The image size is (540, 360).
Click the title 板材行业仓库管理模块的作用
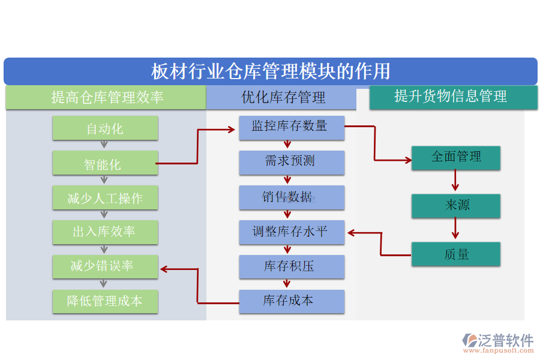pos(270,71)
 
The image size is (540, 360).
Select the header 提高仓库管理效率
pos(106,97)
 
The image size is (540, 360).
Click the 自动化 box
pos(105,128)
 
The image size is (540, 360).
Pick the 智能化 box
pos(105,163)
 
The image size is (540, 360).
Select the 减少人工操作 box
pos(105,197)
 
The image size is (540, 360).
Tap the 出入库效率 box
pos(105,232)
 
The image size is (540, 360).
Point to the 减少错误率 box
pos(105,266)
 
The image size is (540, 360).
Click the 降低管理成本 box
pos(105,301)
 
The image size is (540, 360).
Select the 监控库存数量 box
pos(292,127)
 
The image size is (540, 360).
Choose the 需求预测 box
pos(292,162)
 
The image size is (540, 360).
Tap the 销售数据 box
pos(292,197)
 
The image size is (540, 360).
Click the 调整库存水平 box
pos(292,232)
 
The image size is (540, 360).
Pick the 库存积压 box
pos(292,266)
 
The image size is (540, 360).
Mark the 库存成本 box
pos(292,301)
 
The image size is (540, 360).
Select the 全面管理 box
pos(456,157)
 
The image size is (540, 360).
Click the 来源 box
pos(456,205)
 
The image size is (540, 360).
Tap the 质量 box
pos(456,254)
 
